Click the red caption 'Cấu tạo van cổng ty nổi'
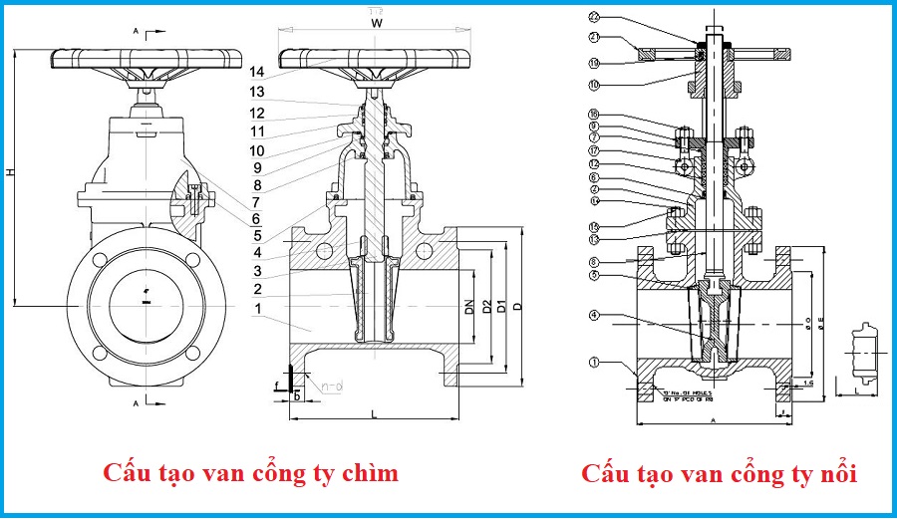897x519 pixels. pyautogui.click(x=720, y=472)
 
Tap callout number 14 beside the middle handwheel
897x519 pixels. pyautogui.click(x=257, y=72)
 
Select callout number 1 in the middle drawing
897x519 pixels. pyautogui.click(x=257, y=309)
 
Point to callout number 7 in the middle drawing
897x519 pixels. pyautogui.click(x=257, y=202)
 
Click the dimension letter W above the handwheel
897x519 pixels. pyautogui.click(x=376, y=21)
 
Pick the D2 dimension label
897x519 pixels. pyautogui.click(x=485, y=309)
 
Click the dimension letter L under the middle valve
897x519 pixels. pyautogui.click(x=375, y=411)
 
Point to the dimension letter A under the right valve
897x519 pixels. pyautogui.click(x=715, y=420)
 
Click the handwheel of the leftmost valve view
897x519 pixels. pyautogui.click(x=146, y=57)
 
